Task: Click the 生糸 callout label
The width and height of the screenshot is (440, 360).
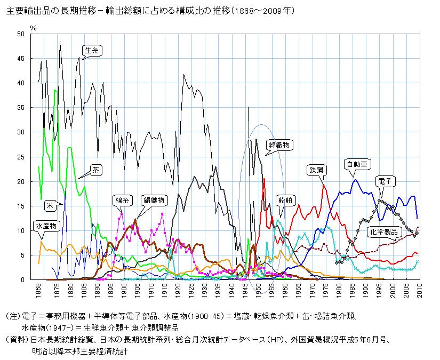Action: (x=92, y=51)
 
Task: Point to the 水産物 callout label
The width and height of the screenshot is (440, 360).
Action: (x=45, y=226)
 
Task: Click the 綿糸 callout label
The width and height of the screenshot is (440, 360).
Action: (x=122, y=201)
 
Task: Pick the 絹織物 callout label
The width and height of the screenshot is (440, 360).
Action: (x=155, y=201)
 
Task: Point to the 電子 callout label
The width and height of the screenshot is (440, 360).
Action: (x=384, y=181)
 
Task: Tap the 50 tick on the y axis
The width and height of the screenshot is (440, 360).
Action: (x=21, y=34)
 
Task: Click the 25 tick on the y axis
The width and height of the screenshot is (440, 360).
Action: (x=21, y=157)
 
